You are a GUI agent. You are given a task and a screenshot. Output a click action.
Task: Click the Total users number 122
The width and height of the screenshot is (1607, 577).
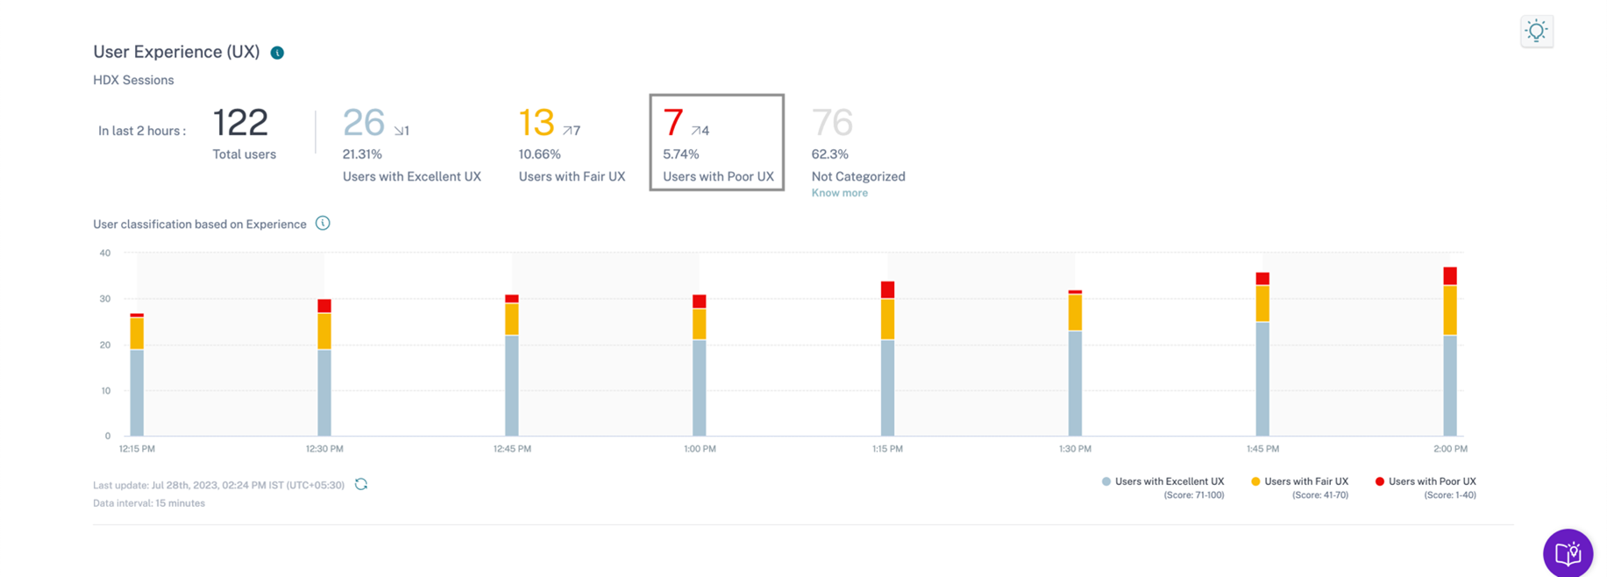pyautogui.click(x=240, y=123)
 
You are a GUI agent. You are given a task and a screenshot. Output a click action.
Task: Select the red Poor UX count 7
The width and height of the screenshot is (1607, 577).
pyautogui.click(x=672, y=123)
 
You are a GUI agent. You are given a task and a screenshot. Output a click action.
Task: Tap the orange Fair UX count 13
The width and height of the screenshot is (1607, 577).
pyautogui.click(x=537, y=123)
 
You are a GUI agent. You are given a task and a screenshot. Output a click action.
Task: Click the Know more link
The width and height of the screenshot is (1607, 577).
pyautogui.click(x=839, y=193)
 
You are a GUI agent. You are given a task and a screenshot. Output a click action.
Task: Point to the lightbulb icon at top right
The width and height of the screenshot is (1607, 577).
pyautogui.click(x=1536, y=32)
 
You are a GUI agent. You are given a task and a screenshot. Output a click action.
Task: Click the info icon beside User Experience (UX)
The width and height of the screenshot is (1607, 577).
pyautogui.click(x=277, y=53)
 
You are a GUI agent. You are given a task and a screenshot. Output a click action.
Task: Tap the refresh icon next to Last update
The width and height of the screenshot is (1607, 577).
pyautogui.click(x=361, y=484)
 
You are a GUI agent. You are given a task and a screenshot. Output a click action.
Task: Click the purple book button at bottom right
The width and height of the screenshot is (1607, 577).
pyautogui.click(x=1568, y=553)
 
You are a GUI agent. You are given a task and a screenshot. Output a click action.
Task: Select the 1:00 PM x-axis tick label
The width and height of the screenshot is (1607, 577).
pyautogui.click(x=700, y=449)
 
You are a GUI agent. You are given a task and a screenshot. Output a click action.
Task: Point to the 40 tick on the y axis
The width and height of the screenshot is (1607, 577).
pyautogui.click(x=105, y=253)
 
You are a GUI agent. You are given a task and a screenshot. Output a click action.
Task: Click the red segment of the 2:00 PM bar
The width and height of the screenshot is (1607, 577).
pyautogui.click(x=1450, y=276)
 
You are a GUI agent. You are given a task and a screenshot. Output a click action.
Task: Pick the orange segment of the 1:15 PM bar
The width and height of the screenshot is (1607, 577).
pyautogui.click(x=887, y=319)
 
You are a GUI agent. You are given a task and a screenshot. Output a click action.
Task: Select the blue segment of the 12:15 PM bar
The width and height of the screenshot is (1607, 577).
pyautogui.click(x=137, y=392)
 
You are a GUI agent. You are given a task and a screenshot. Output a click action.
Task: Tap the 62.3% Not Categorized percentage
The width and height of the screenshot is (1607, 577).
pyautogui.click(x=829, y=154)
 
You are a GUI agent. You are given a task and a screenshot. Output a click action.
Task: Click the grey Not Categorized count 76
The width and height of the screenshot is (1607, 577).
pyautogui.click(x=832, y=123)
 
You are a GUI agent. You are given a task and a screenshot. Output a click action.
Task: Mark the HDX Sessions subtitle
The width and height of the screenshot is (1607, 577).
pyautogui.click(x=133, y=80)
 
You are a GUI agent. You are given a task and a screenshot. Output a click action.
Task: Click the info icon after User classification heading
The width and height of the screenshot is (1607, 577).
pyautogui.click(x=323, y=224)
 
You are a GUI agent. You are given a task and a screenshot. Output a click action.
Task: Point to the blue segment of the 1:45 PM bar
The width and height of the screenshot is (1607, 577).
pyautogui.click(x=1262, y=379)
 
